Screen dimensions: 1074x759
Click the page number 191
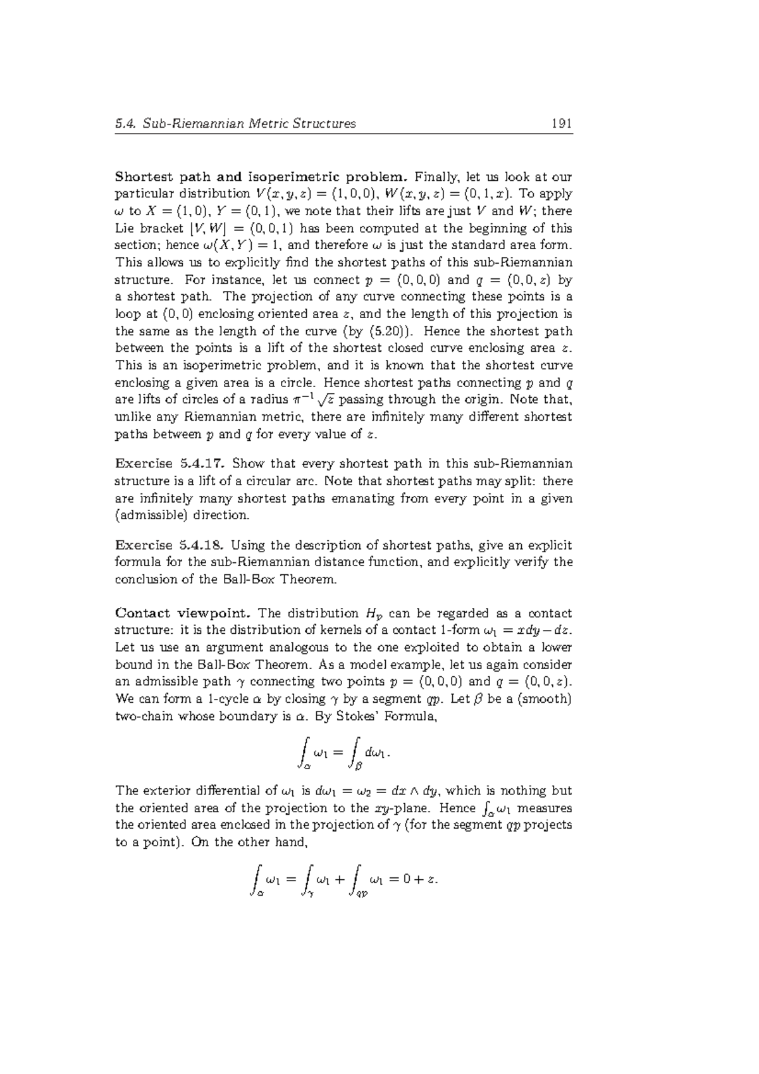562,123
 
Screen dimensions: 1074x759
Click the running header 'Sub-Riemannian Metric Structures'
249,123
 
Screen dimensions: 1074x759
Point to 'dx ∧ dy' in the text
416,791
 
